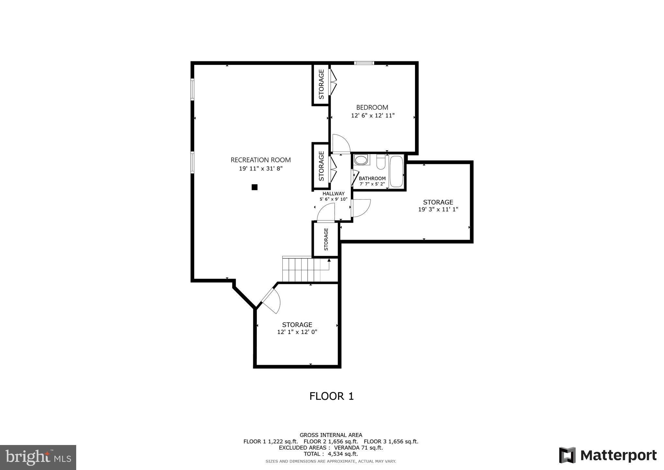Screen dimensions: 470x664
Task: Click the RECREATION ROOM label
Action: pyautogui.click(x=260, y=160)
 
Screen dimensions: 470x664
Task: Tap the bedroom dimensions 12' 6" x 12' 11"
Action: pyautogui.click(x=373, y=116)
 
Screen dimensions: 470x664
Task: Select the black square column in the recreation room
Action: pyautogui.click(x=255, y=187)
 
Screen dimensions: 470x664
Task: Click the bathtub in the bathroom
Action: pyautogui.click(x=396, y=172)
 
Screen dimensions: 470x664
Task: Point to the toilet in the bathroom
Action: pyautogui.click(x=381, y=162)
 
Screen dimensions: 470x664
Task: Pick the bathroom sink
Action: pyautogui.click(x=361, y=160)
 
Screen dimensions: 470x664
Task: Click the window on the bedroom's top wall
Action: pyautogui.click(x=364, y=63)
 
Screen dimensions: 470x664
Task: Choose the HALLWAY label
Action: pyautogui.click(x=333, y=193)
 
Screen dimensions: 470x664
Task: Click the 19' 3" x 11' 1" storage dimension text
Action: pyautogui.click(x=438, y=210)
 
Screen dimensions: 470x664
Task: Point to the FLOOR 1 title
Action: pyautogui.click(x=331, y=396)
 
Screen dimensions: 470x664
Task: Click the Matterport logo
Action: pyautogui.click(x=608, y=455)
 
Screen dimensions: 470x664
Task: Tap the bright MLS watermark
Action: pyautogui.click(x=38, y=457)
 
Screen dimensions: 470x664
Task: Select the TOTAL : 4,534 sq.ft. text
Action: pyautogui.click(x=331, y=454)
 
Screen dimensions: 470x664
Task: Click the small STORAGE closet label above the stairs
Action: pyautogui.click(x=326, y=239)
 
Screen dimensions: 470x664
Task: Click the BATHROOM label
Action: pyautogui.click(x=372, y=179)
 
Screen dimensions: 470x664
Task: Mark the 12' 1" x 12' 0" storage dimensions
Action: pyautogui.click(x=297, y=332)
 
